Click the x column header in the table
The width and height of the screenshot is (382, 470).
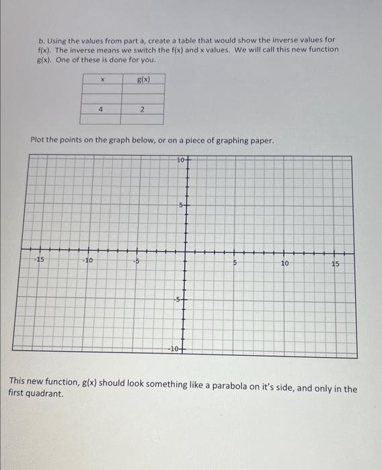[101, 80]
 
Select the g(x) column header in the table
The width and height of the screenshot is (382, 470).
[142, 79]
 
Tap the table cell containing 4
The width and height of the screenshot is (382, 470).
[101, 108]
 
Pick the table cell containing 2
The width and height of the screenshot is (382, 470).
[142, 108]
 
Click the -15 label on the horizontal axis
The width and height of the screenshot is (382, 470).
[40, 260]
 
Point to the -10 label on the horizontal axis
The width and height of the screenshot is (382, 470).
[88, 261]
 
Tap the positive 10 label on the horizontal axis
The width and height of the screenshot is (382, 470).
[284, 263]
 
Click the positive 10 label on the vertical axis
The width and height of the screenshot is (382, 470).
[180, 160]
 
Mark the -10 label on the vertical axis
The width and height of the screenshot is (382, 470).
[174, 349]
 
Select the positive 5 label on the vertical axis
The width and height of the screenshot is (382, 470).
[180, 204]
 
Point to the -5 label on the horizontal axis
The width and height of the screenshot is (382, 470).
[136, 261]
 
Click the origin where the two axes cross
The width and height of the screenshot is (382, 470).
[186, 254]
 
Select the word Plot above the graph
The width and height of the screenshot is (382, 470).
[39, 140]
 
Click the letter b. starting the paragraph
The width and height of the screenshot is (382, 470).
[41, 40]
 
